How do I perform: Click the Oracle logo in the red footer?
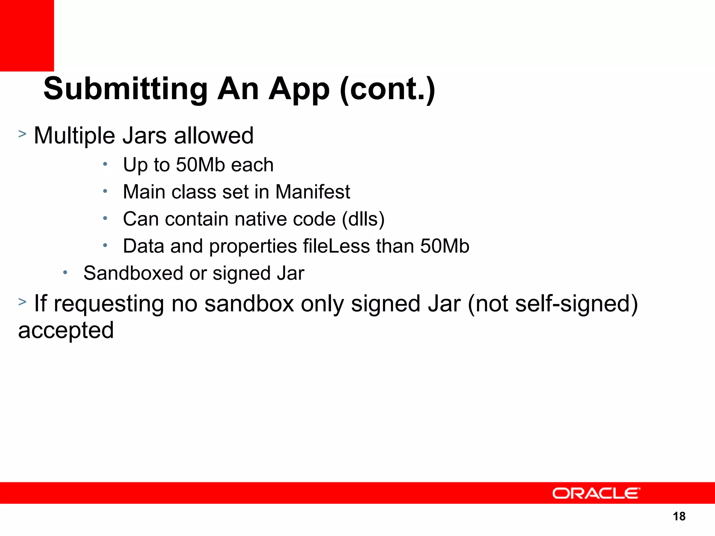pos(596,493)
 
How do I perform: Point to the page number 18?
pos(679,516)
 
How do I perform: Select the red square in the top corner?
pos(27,35)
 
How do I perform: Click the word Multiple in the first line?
pos(74,136)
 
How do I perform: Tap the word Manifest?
pos(312,192)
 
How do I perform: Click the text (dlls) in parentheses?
pos(363,219)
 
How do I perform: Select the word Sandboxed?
pos(133,273)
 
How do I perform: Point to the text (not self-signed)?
pos(553,304)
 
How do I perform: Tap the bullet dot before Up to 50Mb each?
pos(105,164)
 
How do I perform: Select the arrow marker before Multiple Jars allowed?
pos(22,134)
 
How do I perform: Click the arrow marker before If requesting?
pos(22,301)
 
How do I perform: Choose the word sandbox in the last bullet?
pos(249,304)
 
